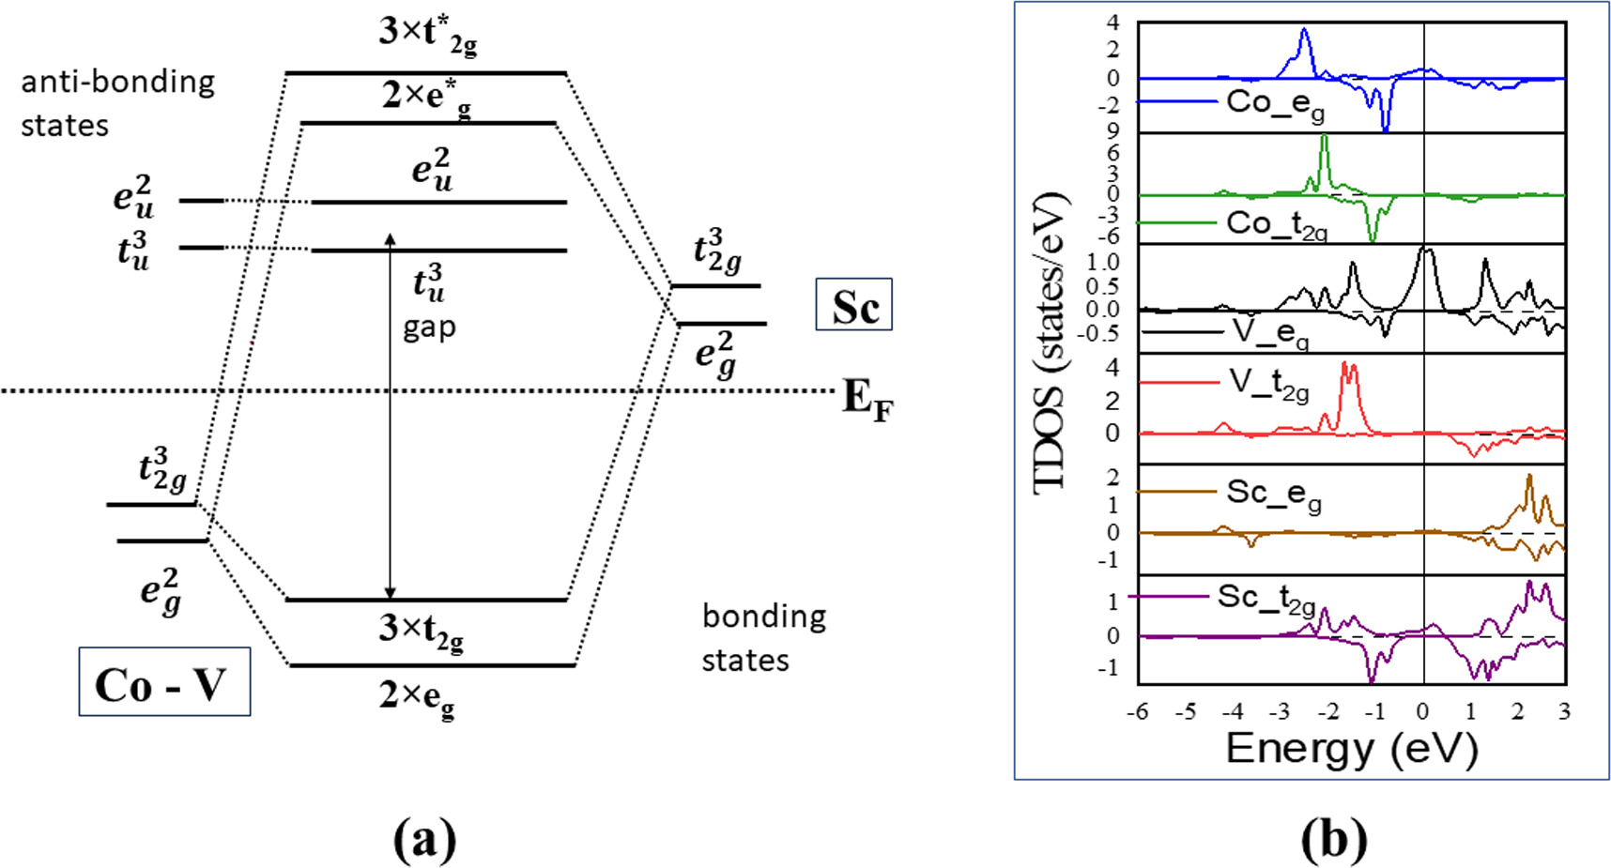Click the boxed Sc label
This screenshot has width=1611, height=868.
tap(853, 305)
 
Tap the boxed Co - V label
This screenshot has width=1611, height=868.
tap(163, 682)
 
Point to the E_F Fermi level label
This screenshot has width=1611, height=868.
tap(867, 398)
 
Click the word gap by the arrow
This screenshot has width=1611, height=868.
tap(429, 327)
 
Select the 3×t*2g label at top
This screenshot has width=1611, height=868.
tap(427, 35)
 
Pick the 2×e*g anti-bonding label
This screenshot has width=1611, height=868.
tap(426, 98)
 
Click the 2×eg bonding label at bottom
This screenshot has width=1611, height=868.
tap(417, 697)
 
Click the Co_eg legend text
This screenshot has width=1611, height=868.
tap(1275, 103)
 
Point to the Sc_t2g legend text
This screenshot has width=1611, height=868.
tap(1266, 599)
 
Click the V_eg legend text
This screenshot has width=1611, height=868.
tap(1270, 332)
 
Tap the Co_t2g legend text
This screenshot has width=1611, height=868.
tap(1276, 225)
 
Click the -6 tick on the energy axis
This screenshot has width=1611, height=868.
tap(1137, 711)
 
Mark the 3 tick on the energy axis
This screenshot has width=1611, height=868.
tap(1563, 711)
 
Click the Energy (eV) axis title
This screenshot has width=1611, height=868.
tap(1351, 749)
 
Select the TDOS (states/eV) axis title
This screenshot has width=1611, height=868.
tap(1051, 343)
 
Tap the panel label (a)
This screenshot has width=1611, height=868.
tap(424, 838)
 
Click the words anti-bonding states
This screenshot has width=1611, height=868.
tap(117, 103)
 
